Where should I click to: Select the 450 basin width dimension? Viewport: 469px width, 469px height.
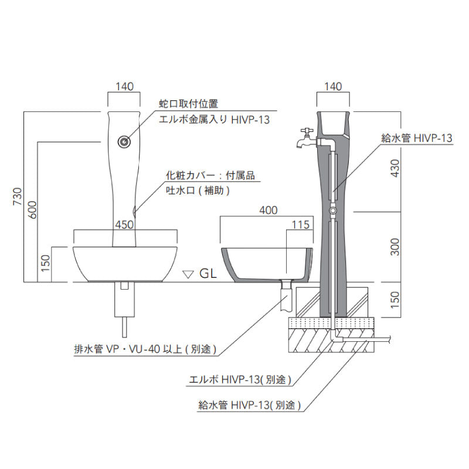125,223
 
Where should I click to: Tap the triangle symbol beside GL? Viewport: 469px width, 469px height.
188,273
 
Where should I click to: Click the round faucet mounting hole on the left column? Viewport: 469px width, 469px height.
124,141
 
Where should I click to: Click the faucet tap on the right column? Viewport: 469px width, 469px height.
306,139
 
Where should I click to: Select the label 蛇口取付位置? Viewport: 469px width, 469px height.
189,104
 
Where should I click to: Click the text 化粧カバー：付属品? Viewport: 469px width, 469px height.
210,175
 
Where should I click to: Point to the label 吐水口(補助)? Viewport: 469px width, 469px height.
197,190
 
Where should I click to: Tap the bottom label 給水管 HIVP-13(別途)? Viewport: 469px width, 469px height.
250,405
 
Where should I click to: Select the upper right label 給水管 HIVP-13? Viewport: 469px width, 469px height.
417,138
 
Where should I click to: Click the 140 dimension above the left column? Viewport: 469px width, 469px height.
125,86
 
